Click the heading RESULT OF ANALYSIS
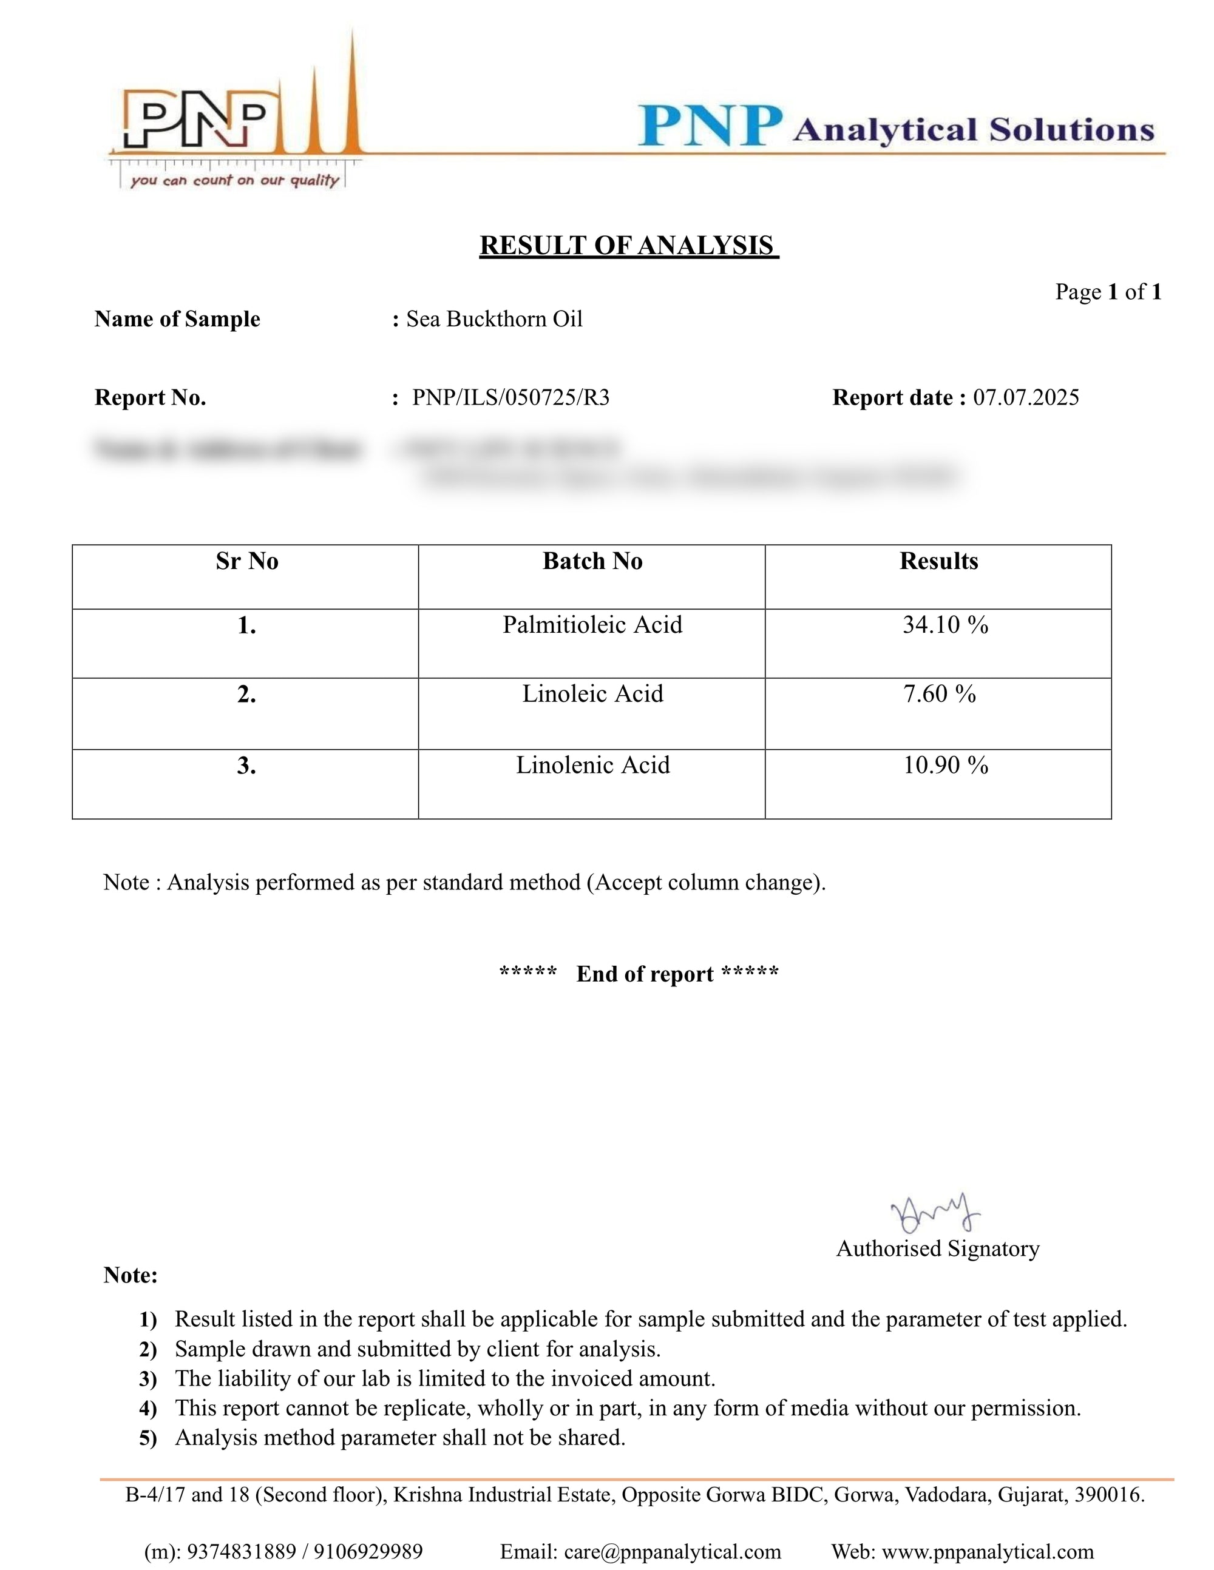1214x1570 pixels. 629,246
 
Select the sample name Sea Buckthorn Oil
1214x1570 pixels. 494,319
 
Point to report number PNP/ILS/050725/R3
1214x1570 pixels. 510,397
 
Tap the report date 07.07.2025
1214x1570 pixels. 1026,397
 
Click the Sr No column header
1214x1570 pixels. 246,561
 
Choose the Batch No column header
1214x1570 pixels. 592,561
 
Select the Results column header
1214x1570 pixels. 938,561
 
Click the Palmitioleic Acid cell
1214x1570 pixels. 592,625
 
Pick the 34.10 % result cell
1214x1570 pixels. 945,625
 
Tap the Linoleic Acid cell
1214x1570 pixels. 592,695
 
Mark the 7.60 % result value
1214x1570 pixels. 939,695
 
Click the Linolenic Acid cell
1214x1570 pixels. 592,766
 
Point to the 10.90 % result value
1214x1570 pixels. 945,766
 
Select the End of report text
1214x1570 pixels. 645,974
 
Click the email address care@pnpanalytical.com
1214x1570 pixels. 672,1552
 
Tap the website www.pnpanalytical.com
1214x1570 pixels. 988,1552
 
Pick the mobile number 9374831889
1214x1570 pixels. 241,1552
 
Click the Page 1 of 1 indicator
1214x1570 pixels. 1108,292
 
